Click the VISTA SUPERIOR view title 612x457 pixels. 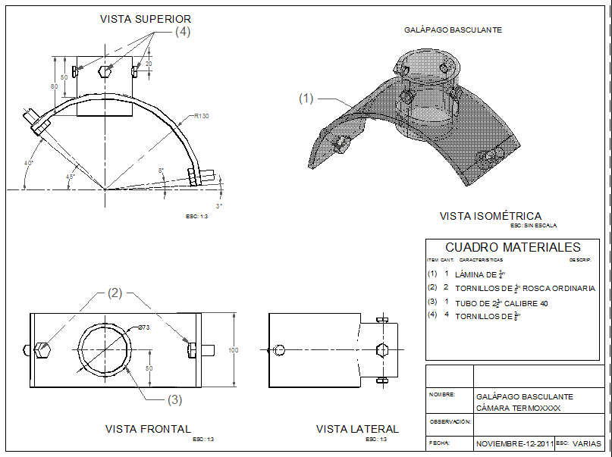click(146, 18)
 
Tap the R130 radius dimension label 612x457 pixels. click(201, 116)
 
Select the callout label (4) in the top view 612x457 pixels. click(183, 32)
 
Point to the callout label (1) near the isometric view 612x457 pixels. click(306, 98)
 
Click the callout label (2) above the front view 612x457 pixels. click(115, 293)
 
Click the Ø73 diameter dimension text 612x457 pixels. click(145, 327)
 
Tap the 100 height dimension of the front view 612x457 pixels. click(233, 349)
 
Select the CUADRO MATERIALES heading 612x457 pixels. click(513, 247)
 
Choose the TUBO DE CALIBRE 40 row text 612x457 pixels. click(501, 303)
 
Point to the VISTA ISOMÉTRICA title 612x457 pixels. click(491, 216)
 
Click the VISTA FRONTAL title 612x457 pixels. click(148, 429)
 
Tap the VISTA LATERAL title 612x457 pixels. click(356, 429)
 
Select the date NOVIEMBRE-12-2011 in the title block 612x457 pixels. click(513, 443)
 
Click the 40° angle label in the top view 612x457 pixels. click(29, 163)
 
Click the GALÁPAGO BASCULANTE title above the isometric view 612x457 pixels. click(453, 30)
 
